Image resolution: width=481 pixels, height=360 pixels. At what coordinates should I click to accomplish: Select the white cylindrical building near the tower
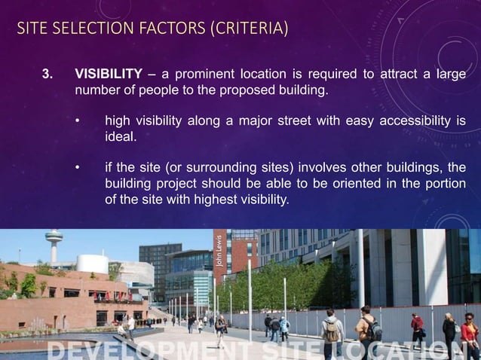coord(91,264)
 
